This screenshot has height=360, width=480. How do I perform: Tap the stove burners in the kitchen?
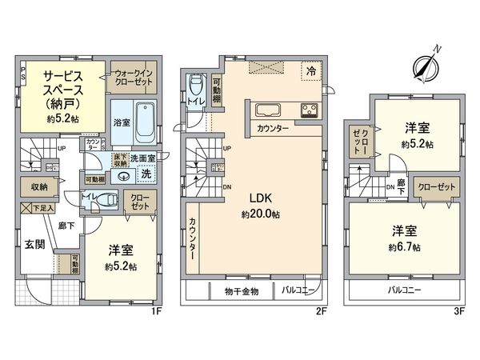tap(309, 110)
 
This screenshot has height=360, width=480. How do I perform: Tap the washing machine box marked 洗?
tap(146, 173)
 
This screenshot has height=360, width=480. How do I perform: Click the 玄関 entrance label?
tap(34, 244)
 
